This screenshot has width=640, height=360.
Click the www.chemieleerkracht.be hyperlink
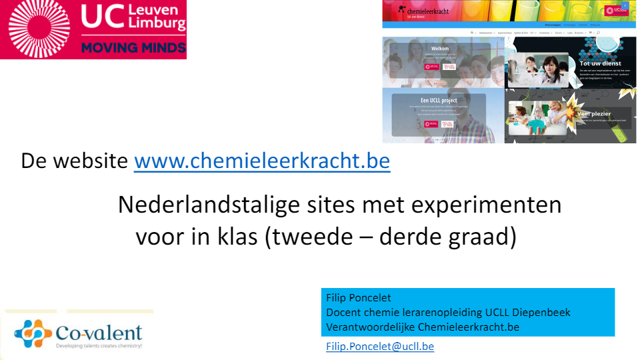[x=262, y=161]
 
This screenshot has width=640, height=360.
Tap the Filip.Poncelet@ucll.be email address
[x=380, y=346]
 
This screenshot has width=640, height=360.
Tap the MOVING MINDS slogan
[x=133, y=48]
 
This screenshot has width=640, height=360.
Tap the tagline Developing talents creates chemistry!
[x=99, y=346]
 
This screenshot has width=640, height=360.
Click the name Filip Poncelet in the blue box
[x=359, y=297]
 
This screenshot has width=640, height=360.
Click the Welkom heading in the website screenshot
[x=440, y=49]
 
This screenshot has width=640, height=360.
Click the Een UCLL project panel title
[x=439, y=101]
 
